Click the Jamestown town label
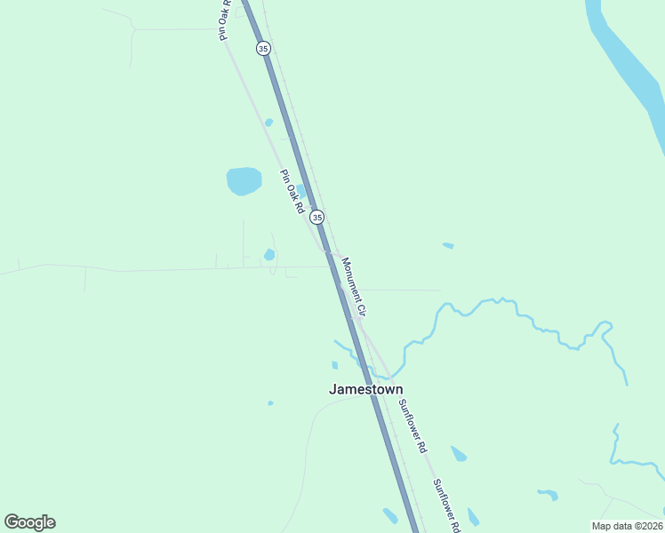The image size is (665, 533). click(x=365, y=389)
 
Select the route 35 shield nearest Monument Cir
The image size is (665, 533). click(x=317, y=217)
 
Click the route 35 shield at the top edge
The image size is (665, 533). click(x=262, y=48)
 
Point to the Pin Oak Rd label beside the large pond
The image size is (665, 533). click(x=292, y=192)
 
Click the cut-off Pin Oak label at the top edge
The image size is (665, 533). click(x=225, y=18)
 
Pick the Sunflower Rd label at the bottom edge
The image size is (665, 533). click(x=446, y=505)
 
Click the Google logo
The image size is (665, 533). click(x=29, y=522)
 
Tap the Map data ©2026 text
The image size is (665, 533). click(x=627, y=526)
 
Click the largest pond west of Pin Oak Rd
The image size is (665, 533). click(x=244, y=180)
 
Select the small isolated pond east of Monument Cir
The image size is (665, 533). click(x=448, y=245)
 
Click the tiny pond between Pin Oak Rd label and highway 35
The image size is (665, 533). click(x=301, y=190)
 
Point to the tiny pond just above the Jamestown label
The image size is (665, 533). click(x=334, y=365)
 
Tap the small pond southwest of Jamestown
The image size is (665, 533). click(x=270, y=403)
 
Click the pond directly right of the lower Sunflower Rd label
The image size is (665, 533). click(x=473, y=516)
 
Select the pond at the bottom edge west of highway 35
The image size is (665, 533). click(x=390, y=515)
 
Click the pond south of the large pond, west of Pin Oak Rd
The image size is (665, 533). click(x=269, y=255)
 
